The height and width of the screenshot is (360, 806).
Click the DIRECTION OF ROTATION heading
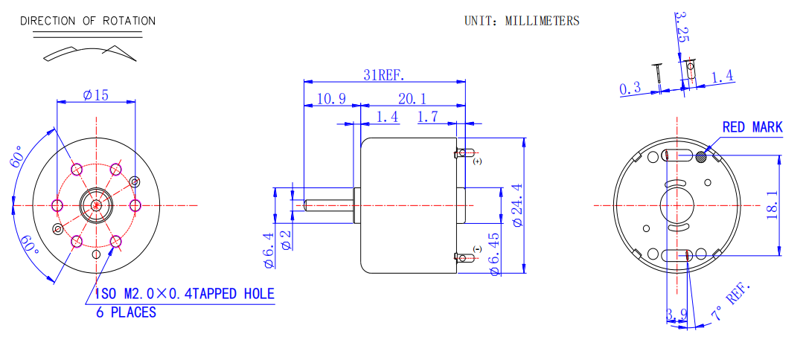(88, 21)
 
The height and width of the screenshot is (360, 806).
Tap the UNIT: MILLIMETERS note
(522, 21)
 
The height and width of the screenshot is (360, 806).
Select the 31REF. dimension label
(384, 74)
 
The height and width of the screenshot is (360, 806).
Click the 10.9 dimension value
(331, 99)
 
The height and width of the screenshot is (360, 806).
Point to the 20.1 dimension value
(412, 99)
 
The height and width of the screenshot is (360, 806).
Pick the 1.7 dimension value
(428, 117)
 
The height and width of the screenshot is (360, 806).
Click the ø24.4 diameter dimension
(517, 205)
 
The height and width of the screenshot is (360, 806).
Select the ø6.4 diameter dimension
(269, 249)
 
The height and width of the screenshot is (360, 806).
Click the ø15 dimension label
(95, 95)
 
